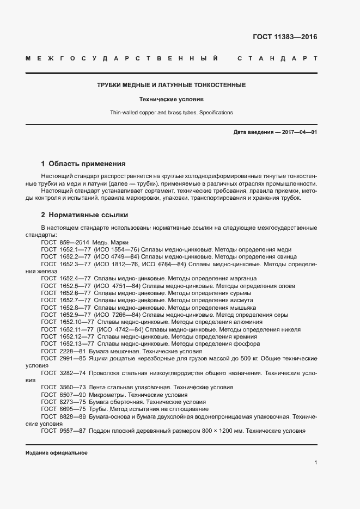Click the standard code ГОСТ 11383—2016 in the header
[x=285, y=38]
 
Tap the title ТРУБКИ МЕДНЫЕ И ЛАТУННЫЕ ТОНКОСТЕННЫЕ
[x=171, y=85]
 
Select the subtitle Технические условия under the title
[x=171, y=100]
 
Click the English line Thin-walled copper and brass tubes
[x=171, y=113]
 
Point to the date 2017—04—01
[x=299, y=133]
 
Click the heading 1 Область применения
[x=83, y=163]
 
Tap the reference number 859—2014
[x=74, y=242]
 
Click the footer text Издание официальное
[x=57, y=453]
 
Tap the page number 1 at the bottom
[x=316, y=463]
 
